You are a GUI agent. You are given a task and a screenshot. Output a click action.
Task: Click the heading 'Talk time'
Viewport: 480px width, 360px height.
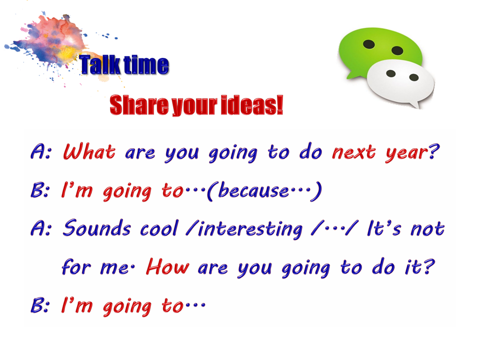point(124,65)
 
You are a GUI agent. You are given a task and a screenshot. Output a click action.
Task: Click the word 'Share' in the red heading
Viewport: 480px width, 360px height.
point(139,105)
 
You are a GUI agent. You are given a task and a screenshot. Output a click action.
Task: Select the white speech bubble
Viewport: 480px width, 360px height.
point(400,82)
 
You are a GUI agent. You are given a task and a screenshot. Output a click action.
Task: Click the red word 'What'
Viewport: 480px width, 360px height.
point(89,151)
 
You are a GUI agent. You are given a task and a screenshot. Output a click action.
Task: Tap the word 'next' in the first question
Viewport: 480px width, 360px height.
point(354,152)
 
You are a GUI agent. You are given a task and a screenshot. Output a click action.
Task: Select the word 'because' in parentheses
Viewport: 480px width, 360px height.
point(254,190)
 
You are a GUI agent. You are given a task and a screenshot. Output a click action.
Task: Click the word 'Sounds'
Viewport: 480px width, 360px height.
point(96,228)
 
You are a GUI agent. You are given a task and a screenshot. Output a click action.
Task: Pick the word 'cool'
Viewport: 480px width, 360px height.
point(159,228)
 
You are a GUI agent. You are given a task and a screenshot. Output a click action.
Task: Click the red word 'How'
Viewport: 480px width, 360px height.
point(167,266)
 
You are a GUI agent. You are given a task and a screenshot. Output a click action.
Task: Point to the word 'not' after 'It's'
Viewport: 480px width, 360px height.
point(427,229)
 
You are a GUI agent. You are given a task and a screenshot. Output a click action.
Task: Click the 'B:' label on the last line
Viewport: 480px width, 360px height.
point(40,305)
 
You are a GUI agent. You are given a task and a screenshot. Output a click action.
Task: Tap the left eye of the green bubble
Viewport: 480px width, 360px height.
point(369,44)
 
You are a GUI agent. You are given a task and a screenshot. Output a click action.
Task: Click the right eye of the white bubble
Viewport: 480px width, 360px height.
point(414,77)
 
